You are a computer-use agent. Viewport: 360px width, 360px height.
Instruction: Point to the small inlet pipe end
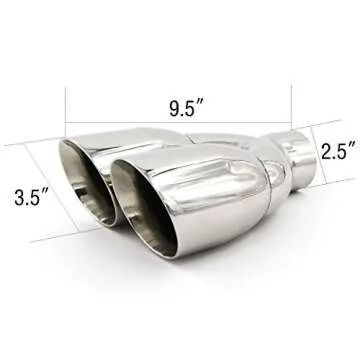(x=298, y=158)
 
